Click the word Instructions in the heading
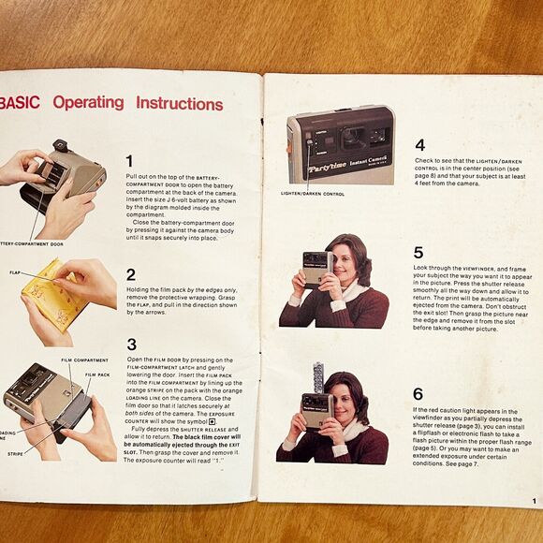(192, 103)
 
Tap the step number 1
(130, 161)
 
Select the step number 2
(131, 274)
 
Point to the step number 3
(131, 345)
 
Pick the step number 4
(419, 145)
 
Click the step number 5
(418, 253)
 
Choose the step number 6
(418, 393)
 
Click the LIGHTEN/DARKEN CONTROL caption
(312, 194)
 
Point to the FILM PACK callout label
(97, 374)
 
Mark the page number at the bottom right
(533, 502)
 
